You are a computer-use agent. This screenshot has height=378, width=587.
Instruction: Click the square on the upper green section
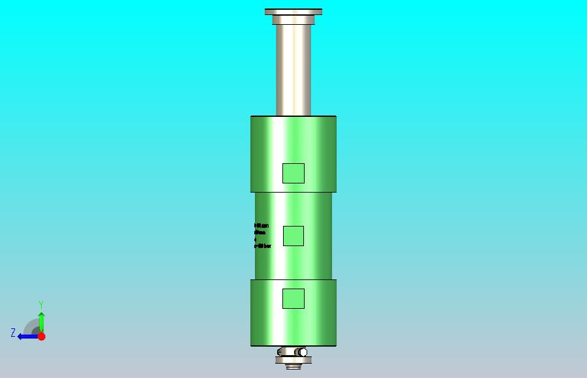point(293,173)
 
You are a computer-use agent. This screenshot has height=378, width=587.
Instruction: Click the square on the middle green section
point(293,236)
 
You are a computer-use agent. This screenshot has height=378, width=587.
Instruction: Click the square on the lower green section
point(293,298)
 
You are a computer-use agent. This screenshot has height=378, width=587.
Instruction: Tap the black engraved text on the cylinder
point(261,236)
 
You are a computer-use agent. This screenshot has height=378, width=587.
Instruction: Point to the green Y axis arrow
point(41,321)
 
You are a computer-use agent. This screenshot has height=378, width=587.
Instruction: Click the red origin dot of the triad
point(41,336)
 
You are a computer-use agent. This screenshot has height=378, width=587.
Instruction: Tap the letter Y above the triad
point(41,305)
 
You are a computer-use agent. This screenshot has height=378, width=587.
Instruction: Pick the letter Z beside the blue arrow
point(13,333)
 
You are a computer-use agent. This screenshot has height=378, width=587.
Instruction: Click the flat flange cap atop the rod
point(293,12)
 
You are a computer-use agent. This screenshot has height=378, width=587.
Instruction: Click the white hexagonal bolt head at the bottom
point(303,353)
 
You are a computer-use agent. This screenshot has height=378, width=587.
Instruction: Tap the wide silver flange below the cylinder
point(293,360)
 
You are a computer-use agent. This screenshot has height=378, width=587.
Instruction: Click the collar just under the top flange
point(293,20)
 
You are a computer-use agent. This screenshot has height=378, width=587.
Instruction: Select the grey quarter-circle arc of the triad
point(31,326)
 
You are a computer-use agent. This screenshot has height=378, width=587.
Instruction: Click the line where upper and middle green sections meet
point(293,193)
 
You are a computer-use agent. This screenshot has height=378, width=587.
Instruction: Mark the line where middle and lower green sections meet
point(293,280)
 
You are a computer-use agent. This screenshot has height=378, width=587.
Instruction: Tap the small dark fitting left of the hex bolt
point(280,353)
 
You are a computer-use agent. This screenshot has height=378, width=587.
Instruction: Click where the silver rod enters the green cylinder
point(293,116)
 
